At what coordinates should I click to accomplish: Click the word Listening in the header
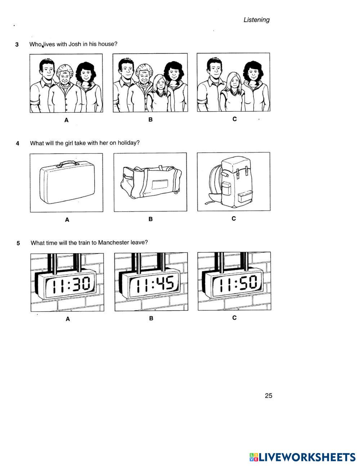[256, 20]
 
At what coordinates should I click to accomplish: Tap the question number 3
[17, 44]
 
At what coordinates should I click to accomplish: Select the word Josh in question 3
[75, 44]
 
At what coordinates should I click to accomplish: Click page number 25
[269, 396]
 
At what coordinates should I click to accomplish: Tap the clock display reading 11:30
[70, 284]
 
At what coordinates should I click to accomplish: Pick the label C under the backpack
[234, 219]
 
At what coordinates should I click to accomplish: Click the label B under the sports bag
[150, 219]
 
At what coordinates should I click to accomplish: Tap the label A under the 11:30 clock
[68, 319]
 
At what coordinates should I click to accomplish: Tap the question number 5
[18, 243]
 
